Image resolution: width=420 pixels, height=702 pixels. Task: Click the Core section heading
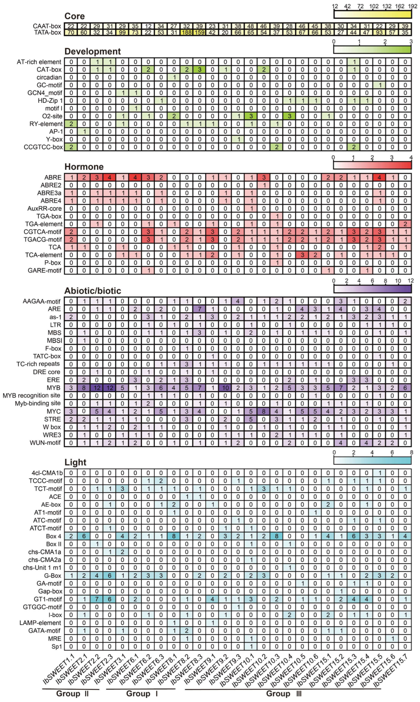click(74, 16)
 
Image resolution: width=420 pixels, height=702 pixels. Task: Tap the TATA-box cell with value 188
click(187, 32)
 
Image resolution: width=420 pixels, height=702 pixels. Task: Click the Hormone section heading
click(84, 167)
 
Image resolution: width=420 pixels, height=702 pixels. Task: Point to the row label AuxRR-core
click(45, 209)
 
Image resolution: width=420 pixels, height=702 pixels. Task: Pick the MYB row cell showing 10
click(225, 388)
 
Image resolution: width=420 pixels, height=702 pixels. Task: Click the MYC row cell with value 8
click(264, 411)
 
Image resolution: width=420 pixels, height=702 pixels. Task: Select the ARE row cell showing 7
click(200, 309)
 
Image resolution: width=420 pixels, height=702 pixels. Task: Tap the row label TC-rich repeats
click(38, 364)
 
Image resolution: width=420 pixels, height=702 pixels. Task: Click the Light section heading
click(75, 462)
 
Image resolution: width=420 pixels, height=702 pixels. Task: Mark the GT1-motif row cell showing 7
click(97, 599)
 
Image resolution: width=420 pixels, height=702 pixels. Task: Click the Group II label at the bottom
click(72, 693)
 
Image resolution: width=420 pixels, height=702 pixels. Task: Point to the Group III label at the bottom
click(284, 693)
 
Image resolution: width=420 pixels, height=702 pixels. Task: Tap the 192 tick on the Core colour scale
click(412, 6)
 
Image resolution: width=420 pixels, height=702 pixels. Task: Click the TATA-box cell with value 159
click(200, 32)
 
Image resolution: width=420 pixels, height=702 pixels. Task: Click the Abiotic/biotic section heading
click(93, 291)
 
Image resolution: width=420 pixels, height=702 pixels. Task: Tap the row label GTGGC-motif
click(42, 607)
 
